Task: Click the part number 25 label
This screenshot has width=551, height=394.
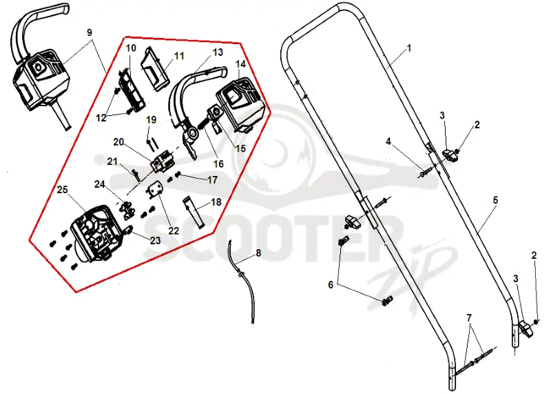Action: (x=62, y=190)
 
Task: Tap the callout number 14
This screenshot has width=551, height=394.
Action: (x=240, y=64)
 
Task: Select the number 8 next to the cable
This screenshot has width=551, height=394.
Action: (x=258, y=253)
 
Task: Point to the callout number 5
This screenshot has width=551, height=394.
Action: (x=495, y=200)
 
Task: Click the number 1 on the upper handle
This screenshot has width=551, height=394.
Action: (x=409, y=48)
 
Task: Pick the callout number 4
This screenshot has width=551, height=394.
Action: (x=388, y=141)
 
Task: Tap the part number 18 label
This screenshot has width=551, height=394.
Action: (x=216, y=202)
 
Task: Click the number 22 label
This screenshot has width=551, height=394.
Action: (x=174, y=230)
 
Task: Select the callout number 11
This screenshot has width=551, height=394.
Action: (x=179, y=56)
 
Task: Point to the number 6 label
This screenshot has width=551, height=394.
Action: (x=331, y=284)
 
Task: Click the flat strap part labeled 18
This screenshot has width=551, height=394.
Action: (x=194, y=213)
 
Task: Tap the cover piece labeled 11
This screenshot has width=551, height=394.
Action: (x=154, y=69)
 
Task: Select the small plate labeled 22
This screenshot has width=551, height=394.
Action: (x=155, y=190)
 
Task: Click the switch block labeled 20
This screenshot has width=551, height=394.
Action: (x=163, y=161)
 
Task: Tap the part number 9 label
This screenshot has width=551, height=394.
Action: (x=90, y=32)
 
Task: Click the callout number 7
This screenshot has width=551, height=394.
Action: (x=469, y=318)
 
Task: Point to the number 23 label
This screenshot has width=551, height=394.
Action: (x=156, y=241)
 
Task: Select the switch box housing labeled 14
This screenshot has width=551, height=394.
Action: (x=239, y=105)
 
